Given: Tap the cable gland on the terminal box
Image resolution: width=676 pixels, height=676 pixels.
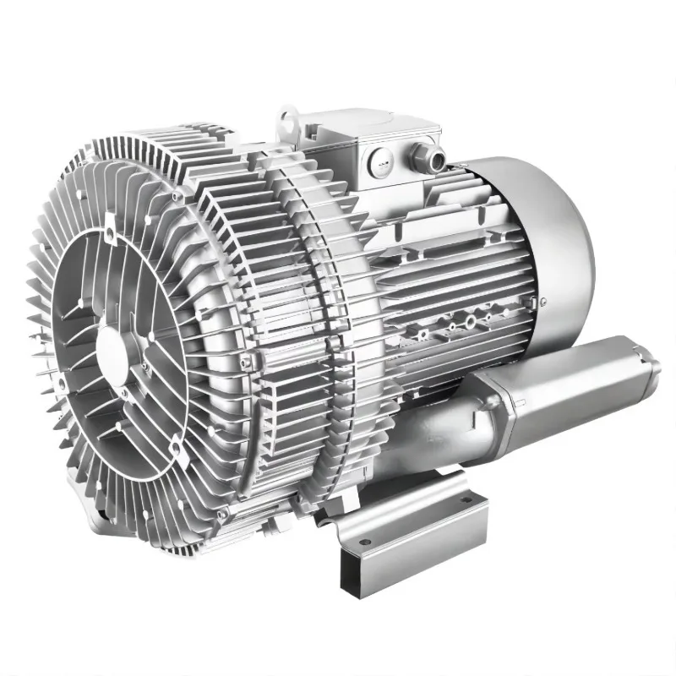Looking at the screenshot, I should [x=419, y=155].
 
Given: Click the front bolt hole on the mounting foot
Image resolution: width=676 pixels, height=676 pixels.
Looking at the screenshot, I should [x=365, y=541].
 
